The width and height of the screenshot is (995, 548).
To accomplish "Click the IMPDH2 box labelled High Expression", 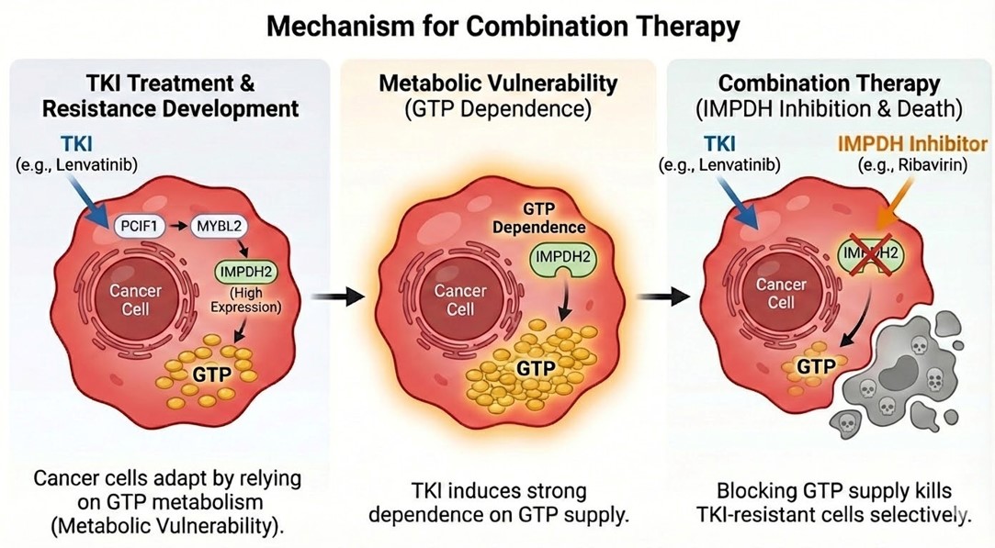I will pos(246,273).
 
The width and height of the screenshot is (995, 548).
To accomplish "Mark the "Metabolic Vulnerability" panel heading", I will pos(496,84).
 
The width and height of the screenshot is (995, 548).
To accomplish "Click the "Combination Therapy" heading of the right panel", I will pos(829,84).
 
